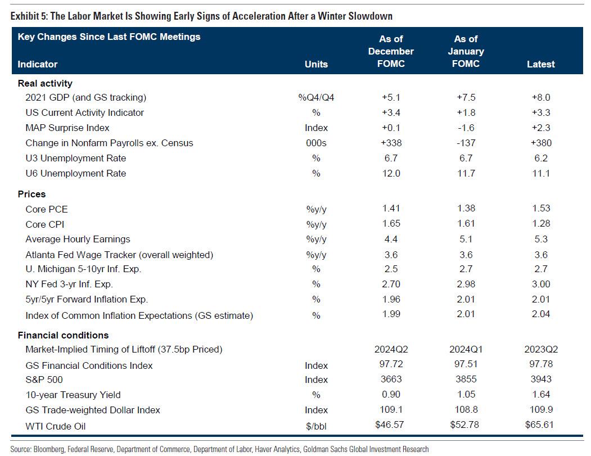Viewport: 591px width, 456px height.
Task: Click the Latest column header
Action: click(540, 64)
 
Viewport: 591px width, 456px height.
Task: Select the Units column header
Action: click(316, 64)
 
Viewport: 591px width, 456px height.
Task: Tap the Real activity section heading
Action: click(45, 83)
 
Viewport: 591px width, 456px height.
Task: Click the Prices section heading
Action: click(31, 195)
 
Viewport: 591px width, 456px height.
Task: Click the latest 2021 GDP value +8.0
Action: click(540, 97)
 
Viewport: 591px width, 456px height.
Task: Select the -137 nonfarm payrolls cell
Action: click(466, 143)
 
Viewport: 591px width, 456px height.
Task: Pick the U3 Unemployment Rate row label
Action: click(76, 158)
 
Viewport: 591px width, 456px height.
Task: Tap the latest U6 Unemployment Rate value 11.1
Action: click(540, 173)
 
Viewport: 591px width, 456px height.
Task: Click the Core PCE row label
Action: click(47, 209)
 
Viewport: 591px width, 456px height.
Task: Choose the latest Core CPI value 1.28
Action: click(540, 224)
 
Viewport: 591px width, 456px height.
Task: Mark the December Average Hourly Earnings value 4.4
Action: click(391, 239)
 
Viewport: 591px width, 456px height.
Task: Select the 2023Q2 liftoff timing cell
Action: click(540, 349)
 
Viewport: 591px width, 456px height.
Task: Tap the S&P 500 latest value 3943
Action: click(540, 380)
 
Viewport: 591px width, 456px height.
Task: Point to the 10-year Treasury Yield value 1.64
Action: click(540, 395)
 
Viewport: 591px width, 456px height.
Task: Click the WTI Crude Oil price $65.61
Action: click(540, 426)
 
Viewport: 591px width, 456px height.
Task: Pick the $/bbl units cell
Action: click(316, 426)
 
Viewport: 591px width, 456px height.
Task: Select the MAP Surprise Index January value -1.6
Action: click(466, 128)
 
